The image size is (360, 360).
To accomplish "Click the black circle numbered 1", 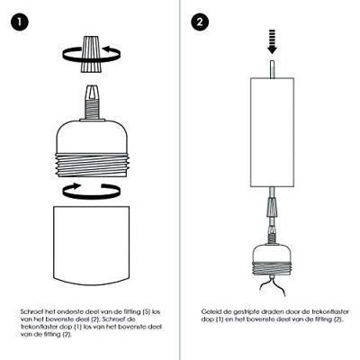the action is click(20, 22).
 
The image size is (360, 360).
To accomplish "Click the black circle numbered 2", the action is click(200, 22).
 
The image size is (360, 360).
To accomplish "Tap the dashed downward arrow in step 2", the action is click(272, 41).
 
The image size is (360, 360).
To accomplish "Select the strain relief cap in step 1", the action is click(92, 54).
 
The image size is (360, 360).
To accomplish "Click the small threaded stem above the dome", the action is click(92, 107).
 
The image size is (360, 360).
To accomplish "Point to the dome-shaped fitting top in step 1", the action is click(92, 137).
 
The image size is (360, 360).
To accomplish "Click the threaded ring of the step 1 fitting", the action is click(92, 166).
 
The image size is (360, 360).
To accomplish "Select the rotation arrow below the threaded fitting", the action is click(92, 191).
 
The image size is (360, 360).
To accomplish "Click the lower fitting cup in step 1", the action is click(92, 246).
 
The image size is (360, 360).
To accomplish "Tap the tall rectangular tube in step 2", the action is click(272, 132).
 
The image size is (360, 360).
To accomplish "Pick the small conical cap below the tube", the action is click(272, 207).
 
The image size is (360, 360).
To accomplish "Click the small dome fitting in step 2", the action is click(272, 259).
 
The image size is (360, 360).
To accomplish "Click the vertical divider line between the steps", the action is click(180, 180).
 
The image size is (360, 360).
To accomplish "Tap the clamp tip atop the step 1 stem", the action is click(92, 91).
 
